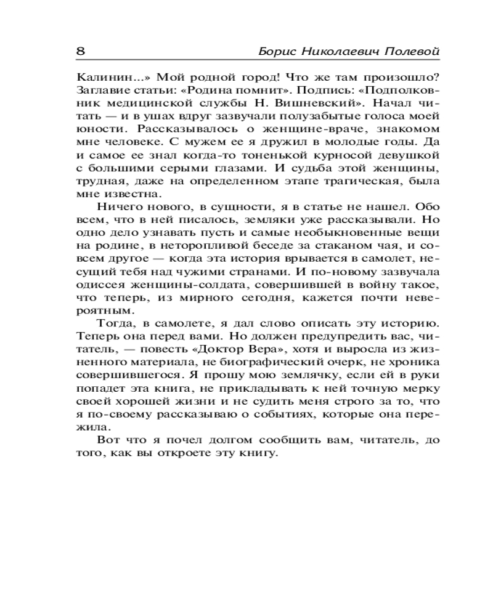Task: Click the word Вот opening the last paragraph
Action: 108,440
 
